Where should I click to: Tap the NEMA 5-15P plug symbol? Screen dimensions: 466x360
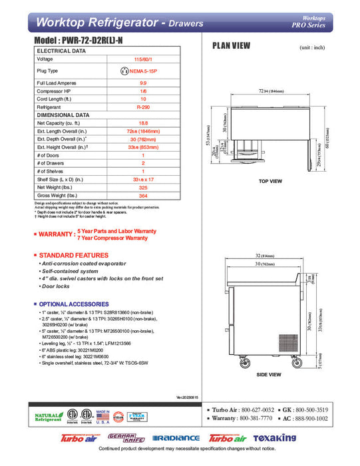(124, 70)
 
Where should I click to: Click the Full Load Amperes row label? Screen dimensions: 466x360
(57, 81)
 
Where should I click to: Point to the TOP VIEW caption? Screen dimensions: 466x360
(270, 181)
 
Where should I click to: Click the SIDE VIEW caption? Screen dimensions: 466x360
(269, 375)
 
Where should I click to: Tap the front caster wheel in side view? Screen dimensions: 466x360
(238, 363)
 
